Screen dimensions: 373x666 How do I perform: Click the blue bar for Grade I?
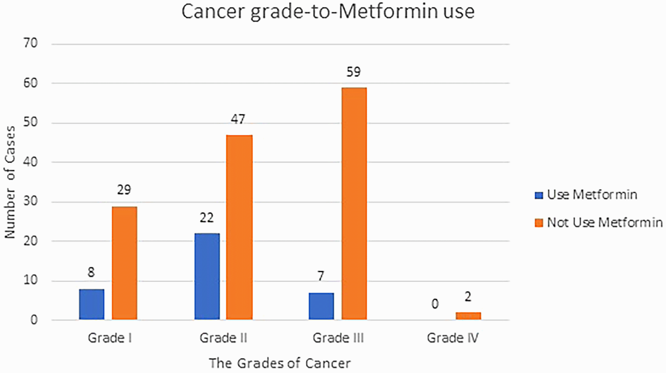[91, 304]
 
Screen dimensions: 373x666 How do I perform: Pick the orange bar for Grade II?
[239, 227]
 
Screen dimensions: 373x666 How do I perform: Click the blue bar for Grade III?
[321, 306]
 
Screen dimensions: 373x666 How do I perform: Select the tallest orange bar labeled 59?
[354, 203]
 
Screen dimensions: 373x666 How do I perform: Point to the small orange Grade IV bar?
[468, 315]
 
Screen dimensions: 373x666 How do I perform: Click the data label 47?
[238, 120]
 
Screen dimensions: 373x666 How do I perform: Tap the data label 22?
[206, 217]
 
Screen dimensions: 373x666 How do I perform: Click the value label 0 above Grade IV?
[435, 304]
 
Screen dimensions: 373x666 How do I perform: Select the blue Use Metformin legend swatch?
[539, 195]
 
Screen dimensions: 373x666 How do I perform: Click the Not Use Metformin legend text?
[604, 223]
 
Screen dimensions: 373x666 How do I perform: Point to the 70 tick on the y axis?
[31, 43]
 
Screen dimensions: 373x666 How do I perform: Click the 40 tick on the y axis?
[31, 162]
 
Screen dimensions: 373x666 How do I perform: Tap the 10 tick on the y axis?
[31, 280]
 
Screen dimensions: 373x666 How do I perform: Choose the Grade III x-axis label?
[338, 338]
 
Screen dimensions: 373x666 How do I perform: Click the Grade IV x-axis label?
[452, 338]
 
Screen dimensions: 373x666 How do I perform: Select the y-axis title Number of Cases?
[10, 182]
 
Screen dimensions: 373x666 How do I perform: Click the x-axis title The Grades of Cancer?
[279, 363]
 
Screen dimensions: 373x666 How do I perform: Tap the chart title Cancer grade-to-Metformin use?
[328, 11]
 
